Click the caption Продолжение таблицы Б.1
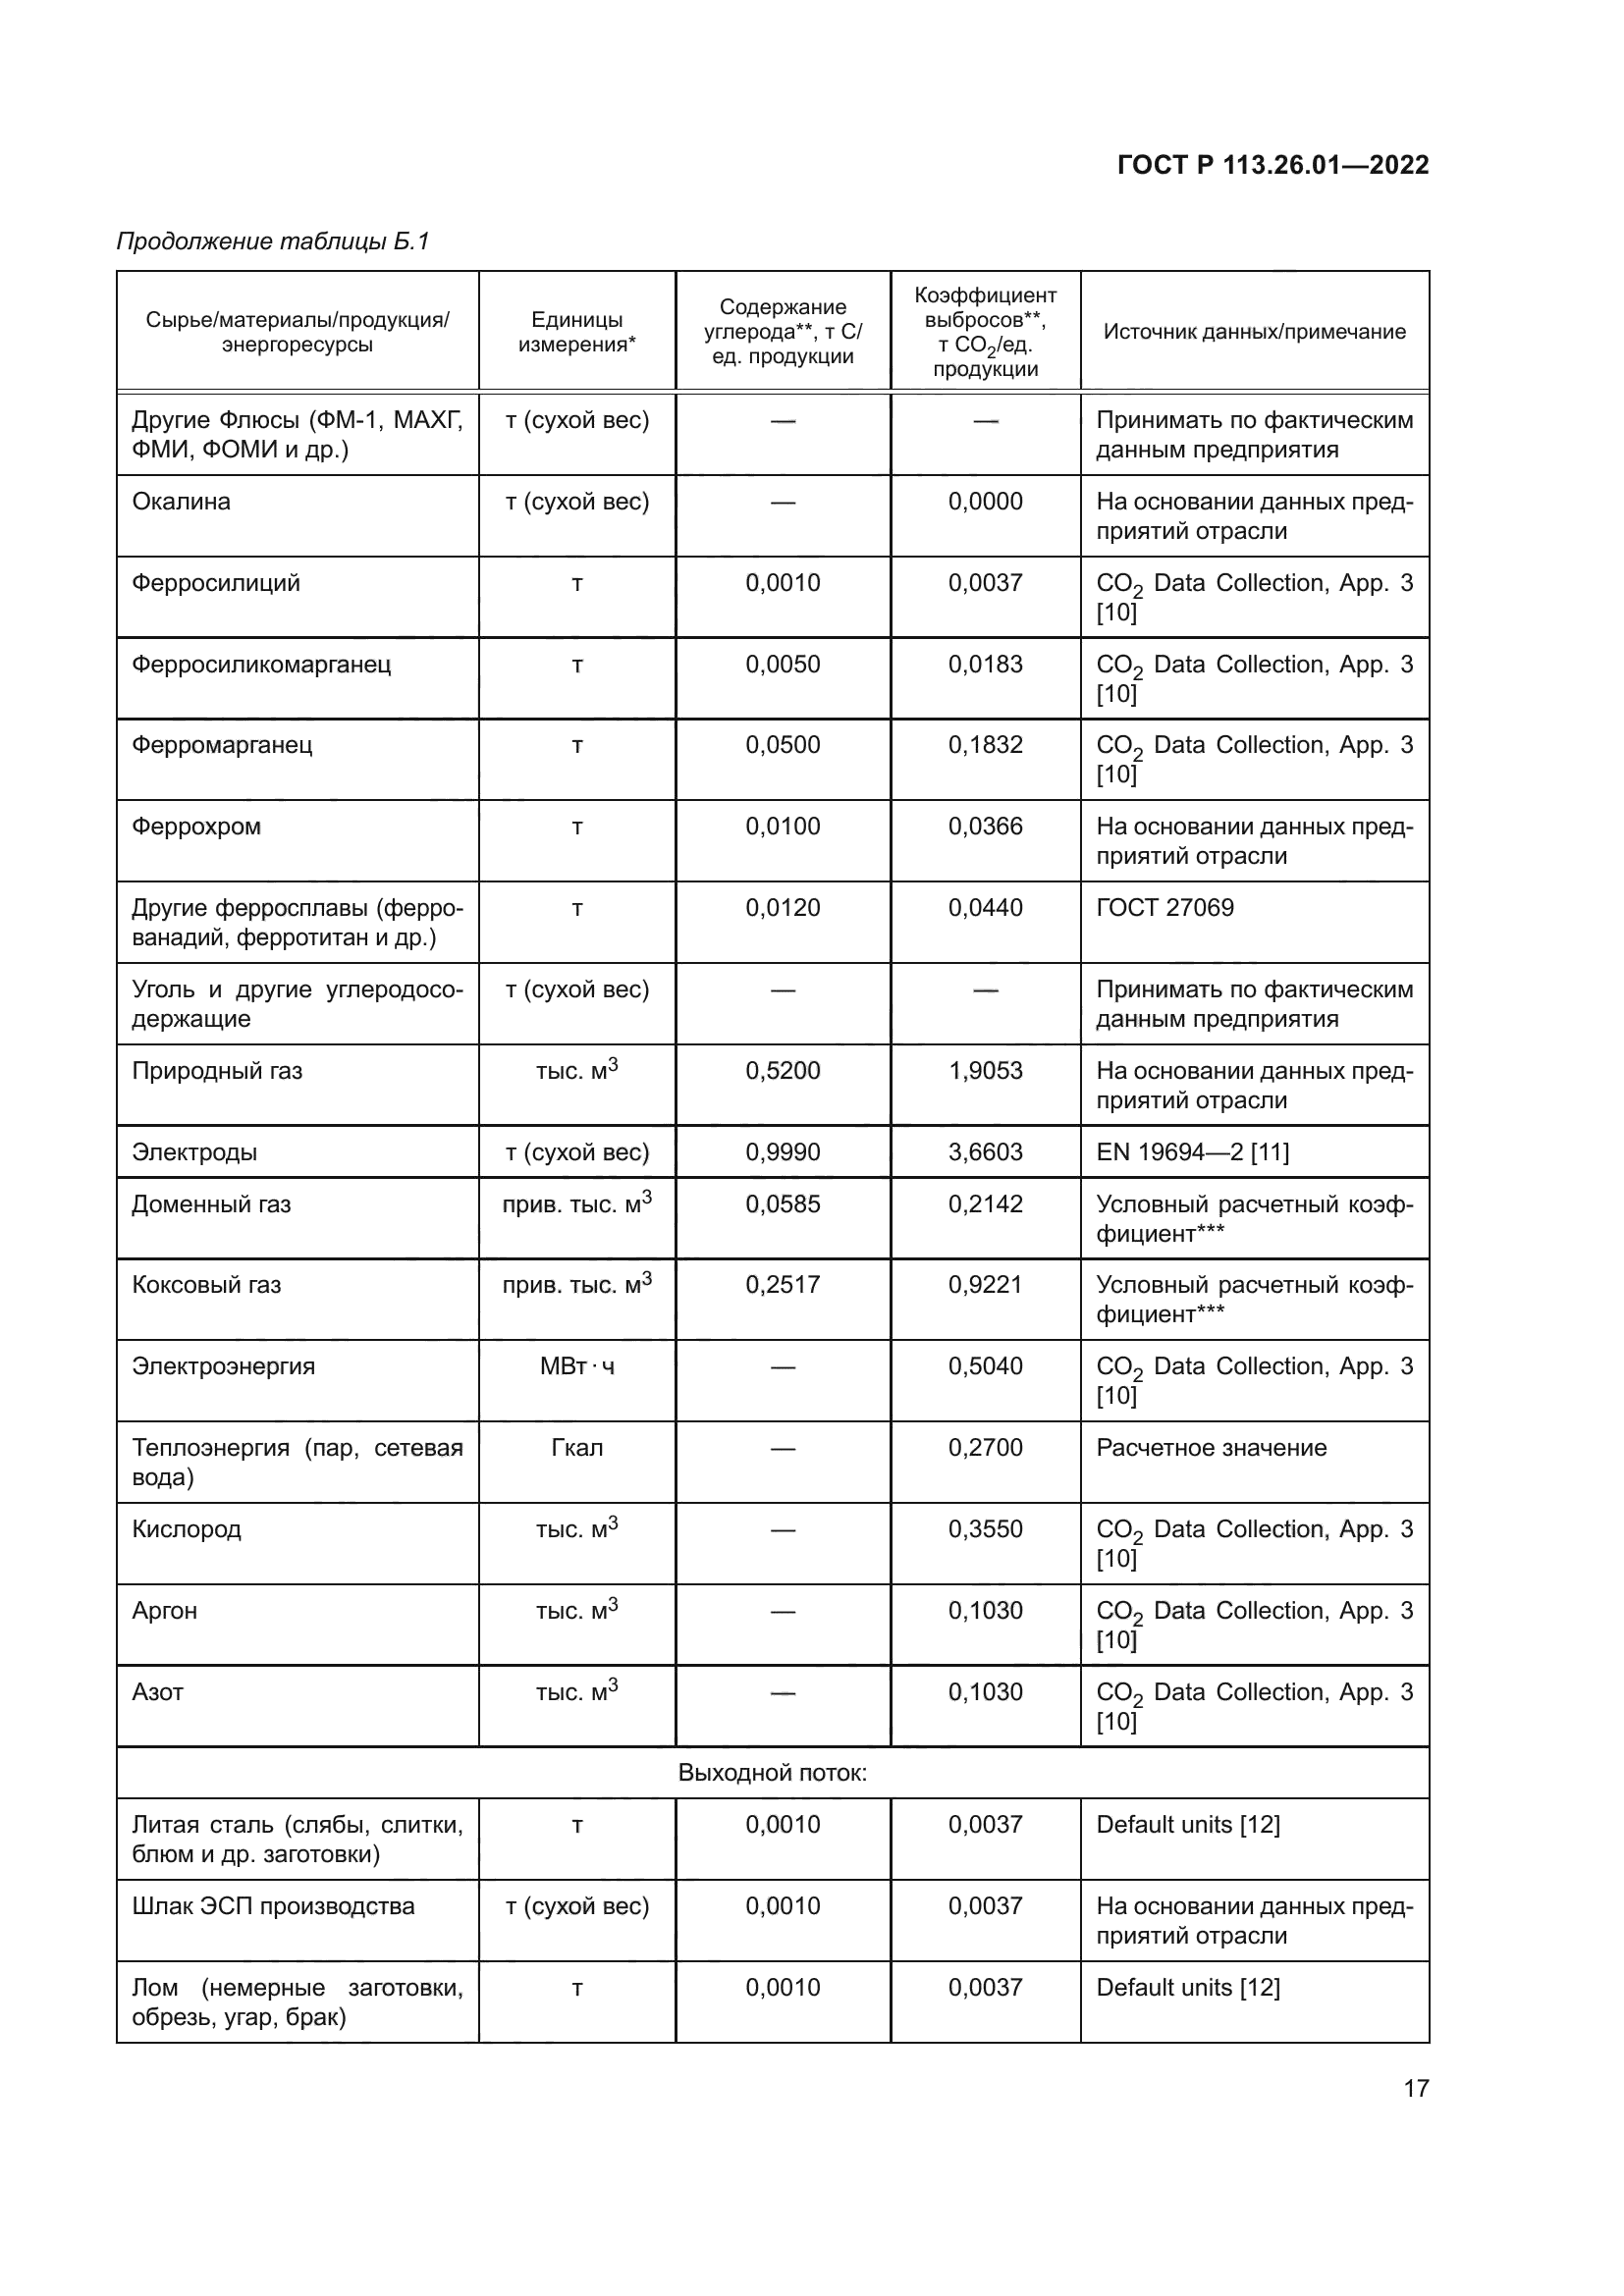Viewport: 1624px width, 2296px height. pos(272,241)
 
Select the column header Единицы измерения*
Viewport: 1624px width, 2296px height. pos(576,332)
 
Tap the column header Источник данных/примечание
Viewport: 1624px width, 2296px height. pos(1254,332)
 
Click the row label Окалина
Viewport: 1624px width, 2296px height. pos(181,502)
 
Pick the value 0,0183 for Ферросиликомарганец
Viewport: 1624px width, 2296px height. pos(985,664)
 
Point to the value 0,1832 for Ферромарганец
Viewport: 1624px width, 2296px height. pos(985,745)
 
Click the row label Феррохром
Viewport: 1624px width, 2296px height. pos(196,827)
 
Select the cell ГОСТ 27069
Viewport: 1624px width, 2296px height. pos(1165,908)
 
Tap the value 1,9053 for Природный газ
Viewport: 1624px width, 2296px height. pos(985,1071)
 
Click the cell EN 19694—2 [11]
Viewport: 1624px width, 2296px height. pos(1192,1152)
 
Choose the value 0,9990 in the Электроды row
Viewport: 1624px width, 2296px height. pos(782,1152)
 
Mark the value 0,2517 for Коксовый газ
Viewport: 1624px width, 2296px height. pos(782,1285)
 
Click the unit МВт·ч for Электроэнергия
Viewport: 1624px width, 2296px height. pos(576,1367)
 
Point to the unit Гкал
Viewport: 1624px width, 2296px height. pos(576,1448)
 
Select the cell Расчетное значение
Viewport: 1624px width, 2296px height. pos(1211,1448)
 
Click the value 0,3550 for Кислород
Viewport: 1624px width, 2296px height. pos(985,1530)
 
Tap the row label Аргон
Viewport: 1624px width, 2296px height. pos(165,1611)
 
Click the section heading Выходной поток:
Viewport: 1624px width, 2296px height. pos(772,1773)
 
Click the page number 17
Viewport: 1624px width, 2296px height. pos(1416,2088)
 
